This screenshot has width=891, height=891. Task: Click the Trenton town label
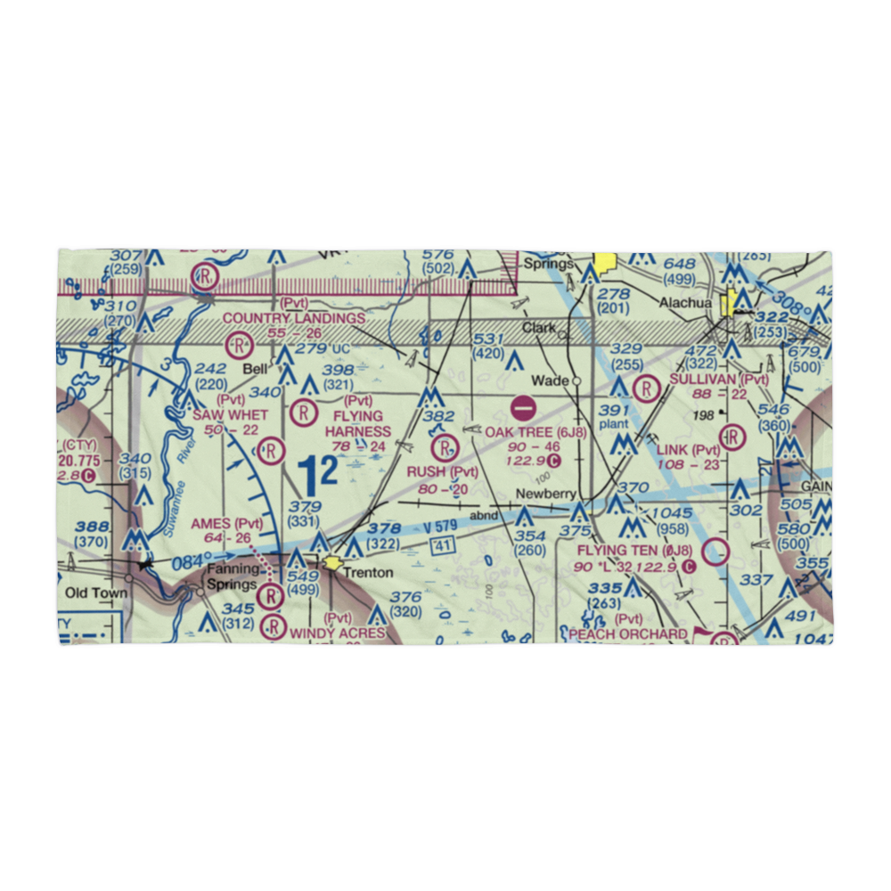pos(368,572)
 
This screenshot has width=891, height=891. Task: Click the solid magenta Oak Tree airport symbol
pos(523,410)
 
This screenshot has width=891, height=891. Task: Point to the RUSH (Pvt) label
pos(443,471)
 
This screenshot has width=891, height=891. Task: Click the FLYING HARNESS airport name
pos(357,424)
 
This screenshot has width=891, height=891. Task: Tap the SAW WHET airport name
pos(230,415)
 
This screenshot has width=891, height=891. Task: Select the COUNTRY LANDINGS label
pos(293,318)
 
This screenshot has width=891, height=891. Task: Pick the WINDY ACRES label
pos(338,634)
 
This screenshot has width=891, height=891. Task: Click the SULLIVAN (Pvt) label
pos(718,379)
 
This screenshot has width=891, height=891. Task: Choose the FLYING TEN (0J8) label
pos(634,551)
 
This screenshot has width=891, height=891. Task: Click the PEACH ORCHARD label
pos(628,634)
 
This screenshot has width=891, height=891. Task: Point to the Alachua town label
pos(686,302)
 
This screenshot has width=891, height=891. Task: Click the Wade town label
pos(550,380)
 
